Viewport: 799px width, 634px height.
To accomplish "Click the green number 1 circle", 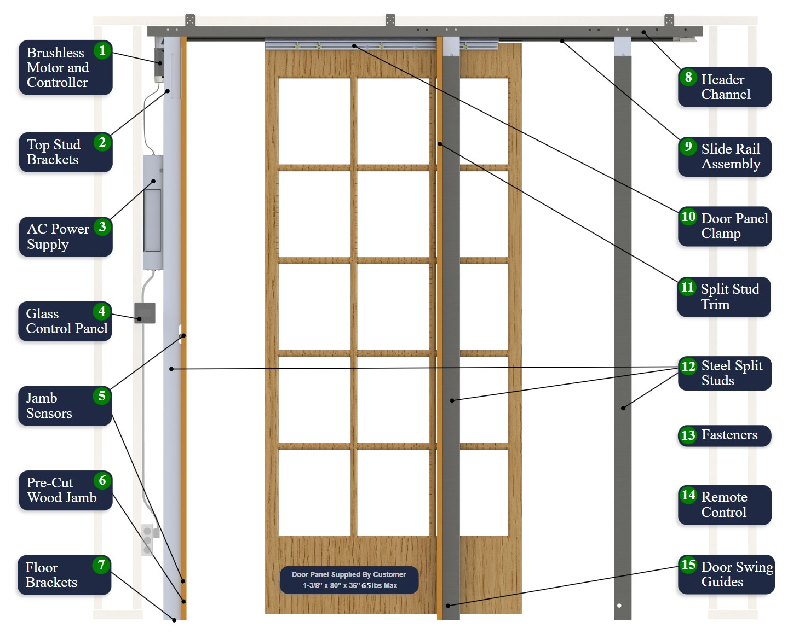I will (102, 50).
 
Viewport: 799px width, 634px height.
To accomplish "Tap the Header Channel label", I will (725, 87).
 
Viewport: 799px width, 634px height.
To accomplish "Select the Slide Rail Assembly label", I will (725, 156).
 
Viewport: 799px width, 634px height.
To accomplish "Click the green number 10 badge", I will (688, 217).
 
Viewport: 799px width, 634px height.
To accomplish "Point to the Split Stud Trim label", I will (724, 296).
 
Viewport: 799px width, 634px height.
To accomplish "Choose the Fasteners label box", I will (724, 435).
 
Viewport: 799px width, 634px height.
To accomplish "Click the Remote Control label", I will (724, 504).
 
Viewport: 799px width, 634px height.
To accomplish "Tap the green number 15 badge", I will (688, 565).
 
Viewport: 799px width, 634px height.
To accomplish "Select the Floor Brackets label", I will (65, 575).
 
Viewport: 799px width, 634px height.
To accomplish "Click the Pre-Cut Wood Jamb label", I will (65, 490).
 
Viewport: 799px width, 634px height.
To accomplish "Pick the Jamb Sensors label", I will (65, 405).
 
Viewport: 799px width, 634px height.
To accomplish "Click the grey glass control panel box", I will (145, 313).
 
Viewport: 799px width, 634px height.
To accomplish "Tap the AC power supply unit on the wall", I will (153, 212).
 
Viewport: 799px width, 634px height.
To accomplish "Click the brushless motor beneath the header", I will (159, 63).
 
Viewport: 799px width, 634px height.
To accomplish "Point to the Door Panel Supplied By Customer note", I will (349, 580).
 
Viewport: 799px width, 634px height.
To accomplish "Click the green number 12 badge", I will (688, 366).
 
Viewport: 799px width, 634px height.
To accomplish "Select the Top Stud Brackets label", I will (65, 152).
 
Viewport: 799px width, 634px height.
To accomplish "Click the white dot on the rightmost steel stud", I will (619, 606).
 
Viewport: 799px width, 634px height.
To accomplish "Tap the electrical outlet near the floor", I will (147, 539).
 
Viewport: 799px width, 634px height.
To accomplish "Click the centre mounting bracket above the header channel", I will (390, 20).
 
